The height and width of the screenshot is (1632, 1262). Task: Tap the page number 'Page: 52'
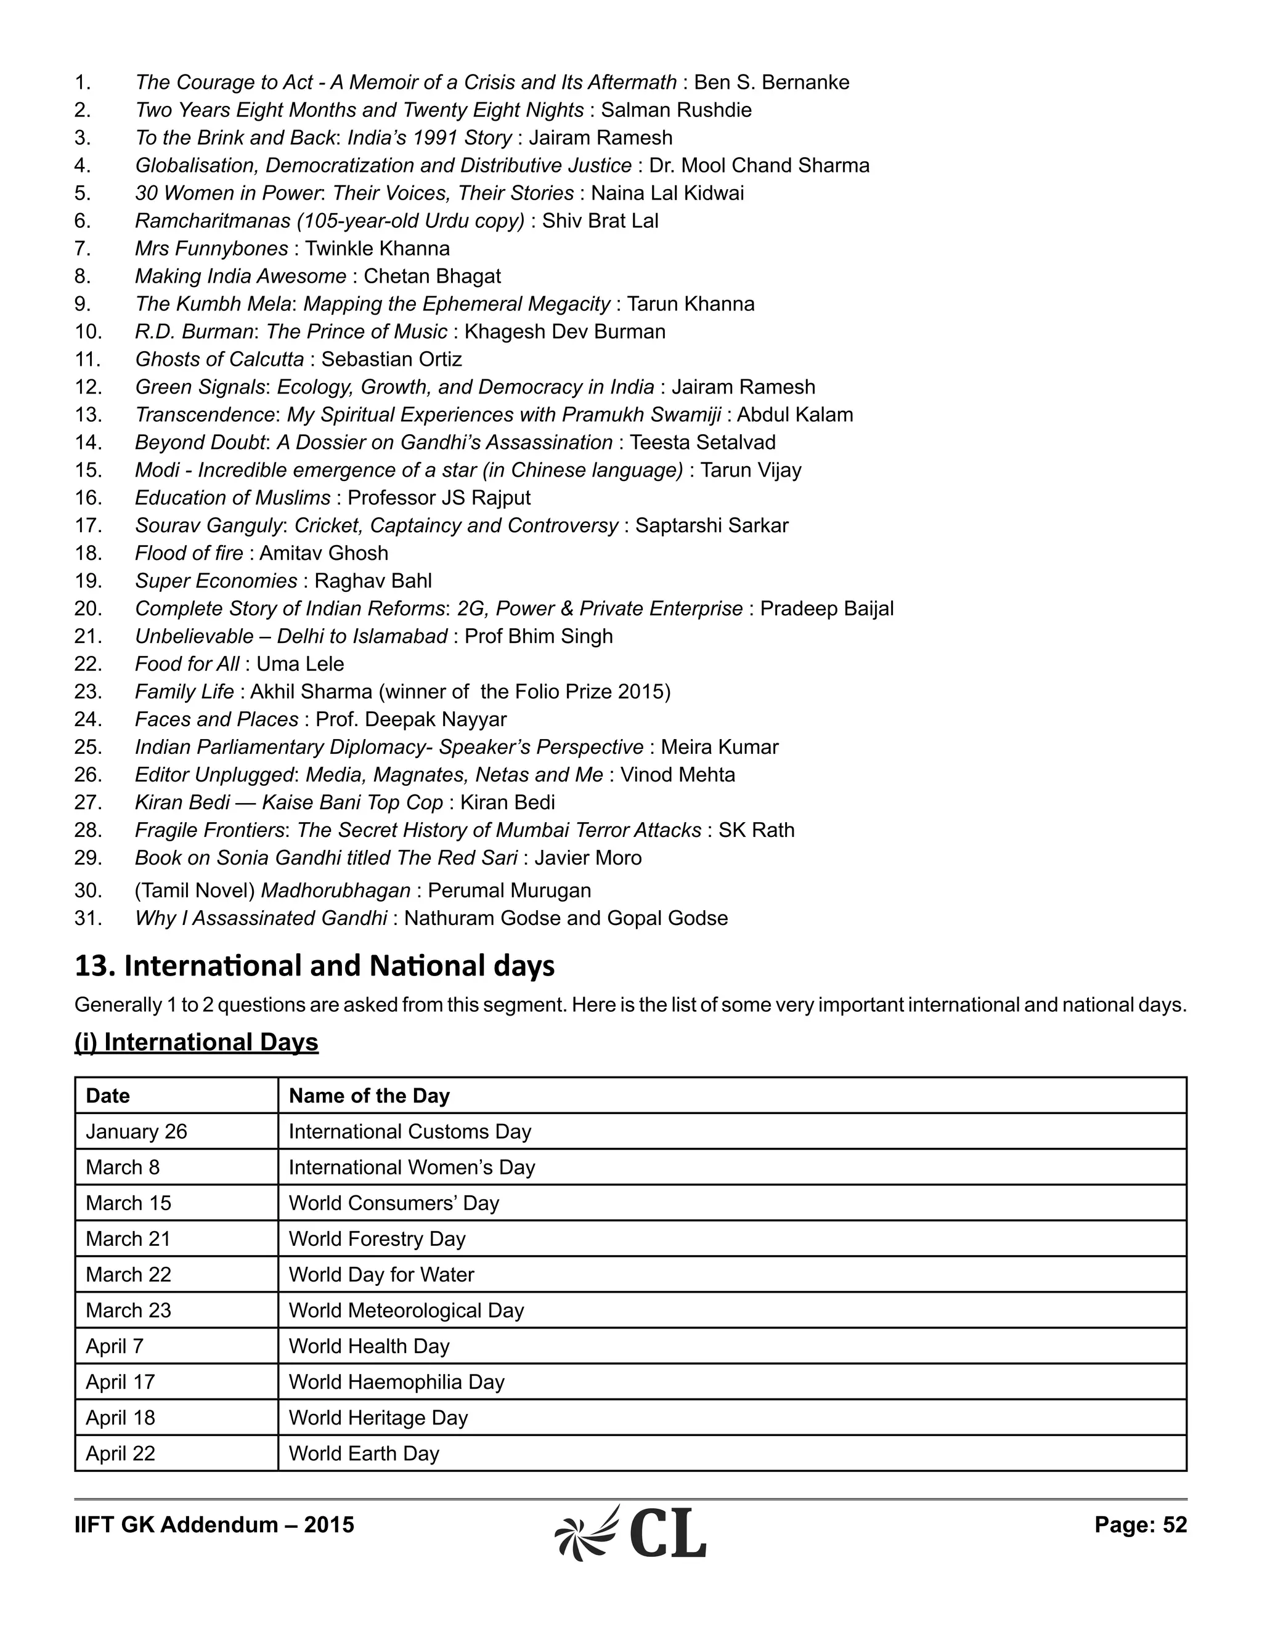tap(1140, 1524)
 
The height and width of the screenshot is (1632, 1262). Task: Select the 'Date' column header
tap(108, 1096)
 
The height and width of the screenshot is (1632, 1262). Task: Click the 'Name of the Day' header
tap(369, 1096)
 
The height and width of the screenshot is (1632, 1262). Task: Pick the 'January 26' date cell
tap(136, 1131)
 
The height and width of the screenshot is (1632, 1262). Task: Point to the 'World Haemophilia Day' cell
tap(396, 1382)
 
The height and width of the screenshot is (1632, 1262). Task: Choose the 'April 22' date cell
tap(120, 1453)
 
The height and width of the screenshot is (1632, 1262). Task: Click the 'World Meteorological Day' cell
tap(406, 1310)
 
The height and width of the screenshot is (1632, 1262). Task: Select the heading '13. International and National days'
tap(315, 966)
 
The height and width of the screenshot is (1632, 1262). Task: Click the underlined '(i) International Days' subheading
tap(197, 1043)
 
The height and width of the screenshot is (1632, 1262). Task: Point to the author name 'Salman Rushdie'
tap(676, 110)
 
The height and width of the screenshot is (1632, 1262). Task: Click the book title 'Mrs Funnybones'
tap(211, 248)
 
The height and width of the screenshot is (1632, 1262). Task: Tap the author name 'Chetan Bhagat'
tap(432, 276)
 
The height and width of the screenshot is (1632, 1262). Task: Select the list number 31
tap(88, 918)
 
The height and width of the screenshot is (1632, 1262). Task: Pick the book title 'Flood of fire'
tap(189, 553)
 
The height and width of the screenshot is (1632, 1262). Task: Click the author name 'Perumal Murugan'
tap(509, 890)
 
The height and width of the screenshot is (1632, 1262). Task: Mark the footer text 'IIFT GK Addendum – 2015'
tap(214, 1524)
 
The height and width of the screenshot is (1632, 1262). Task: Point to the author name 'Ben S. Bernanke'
tap(771, 82)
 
